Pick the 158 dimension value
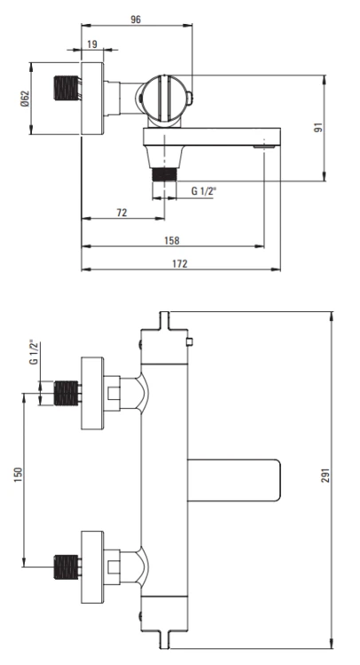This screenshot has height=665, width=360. click(x=172, y=239)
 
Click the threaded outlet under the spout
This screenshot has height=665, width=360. click(x=162, y=169)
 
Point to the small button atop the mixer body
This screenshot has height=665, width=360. click(x=189, y=341)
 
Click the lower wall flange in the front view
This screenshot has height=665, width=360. click(x=93, y=561)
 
